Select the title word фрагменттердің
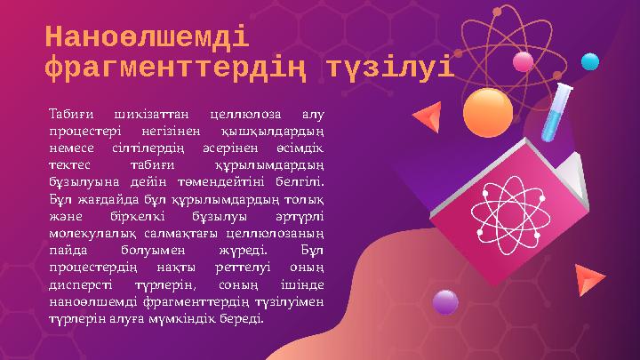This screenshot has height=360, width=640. coord(178,68)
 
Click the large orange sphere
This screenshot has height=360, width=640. coord(488,112)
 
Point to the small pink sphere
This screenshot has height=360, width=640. coord(524,60)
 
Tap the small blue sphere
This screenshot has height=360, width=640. coord(589,61)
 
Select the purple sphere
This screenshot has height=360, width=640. coord(444,302)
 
